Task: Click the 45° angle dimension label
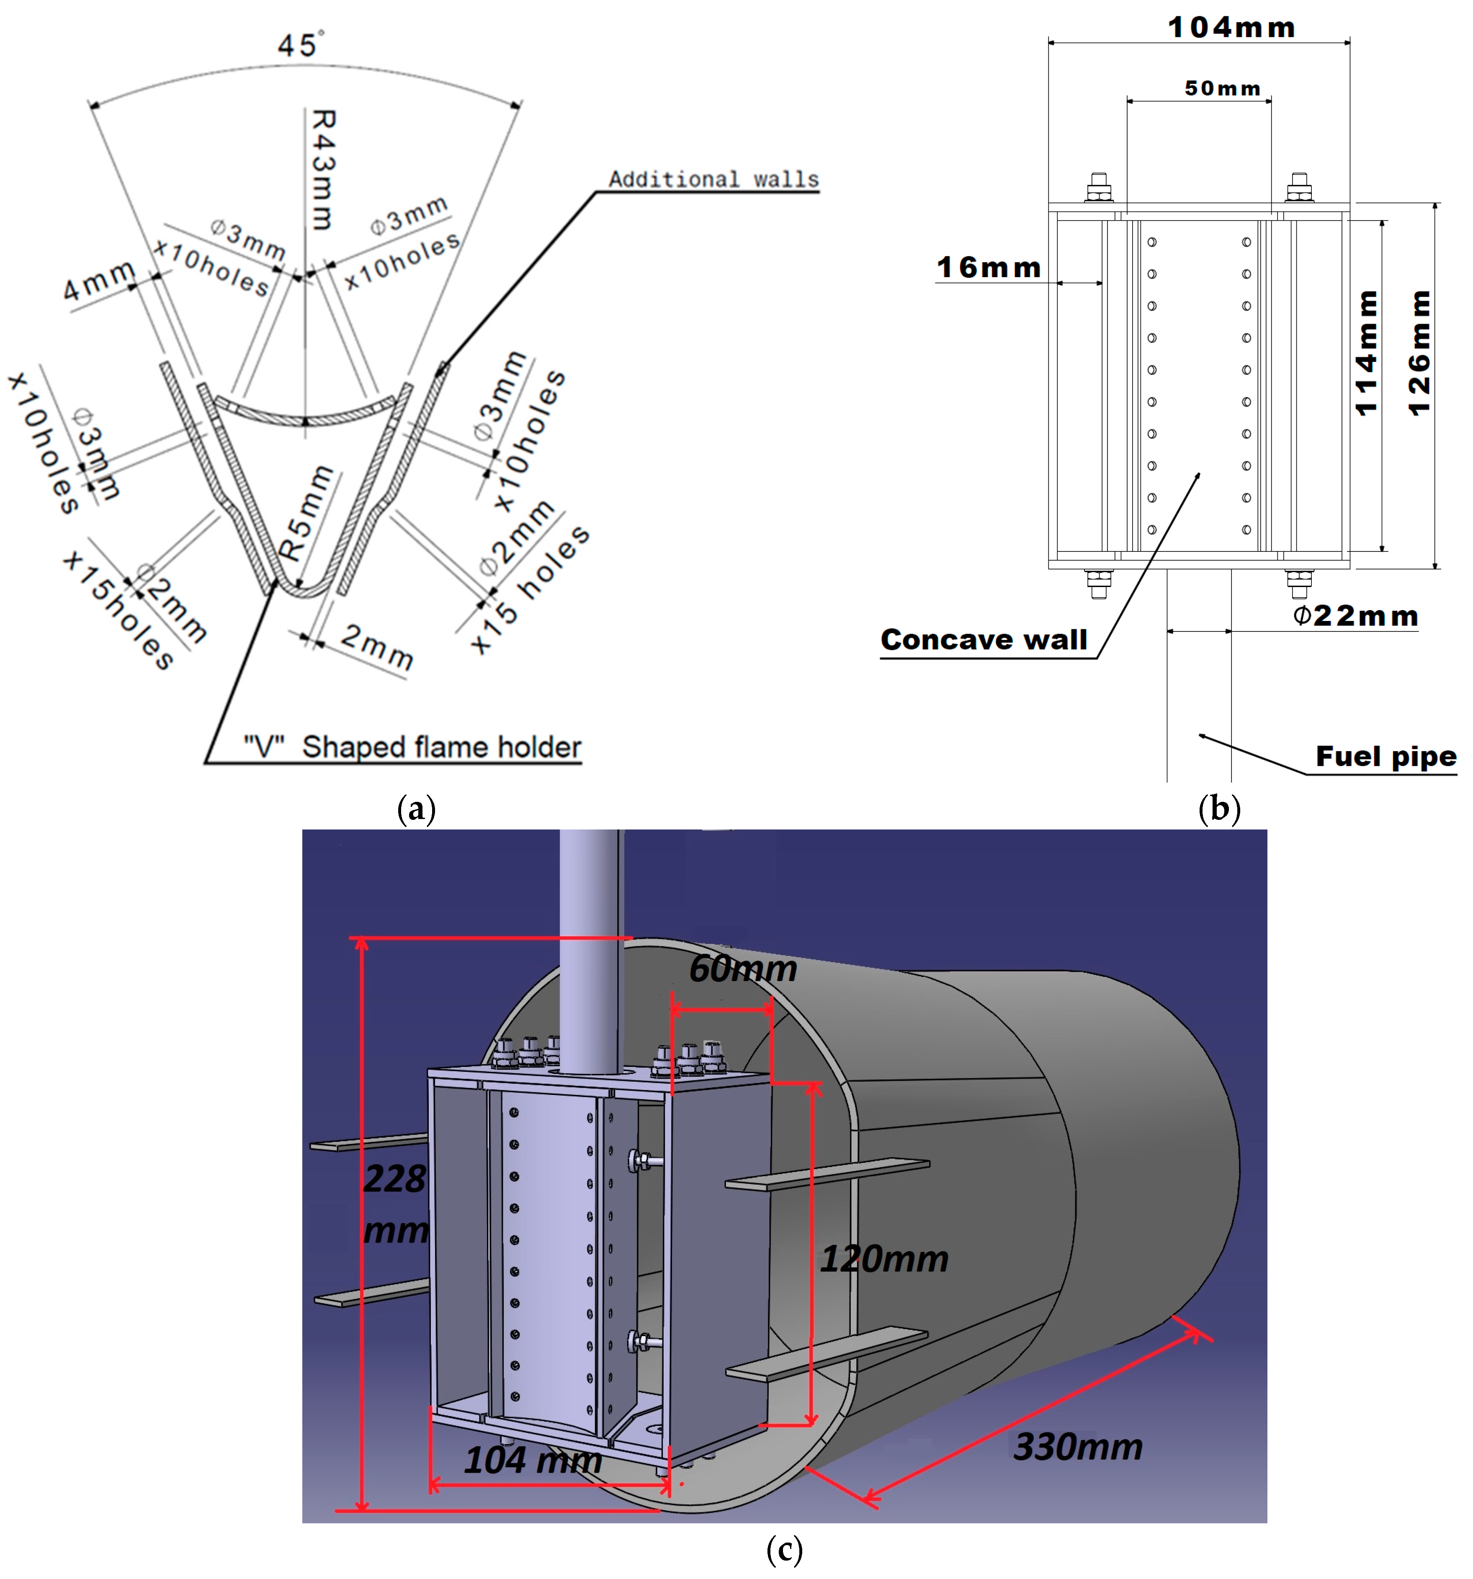pos(300,44)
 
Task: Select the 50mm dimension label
pos(1221,88)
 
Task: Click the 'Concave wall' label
pos(983,639)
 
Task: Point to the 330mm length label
pos(1078,1446)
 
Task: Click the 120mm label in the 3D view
pos(884,1259)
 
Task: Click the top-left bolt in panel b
pos(1098,188)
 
